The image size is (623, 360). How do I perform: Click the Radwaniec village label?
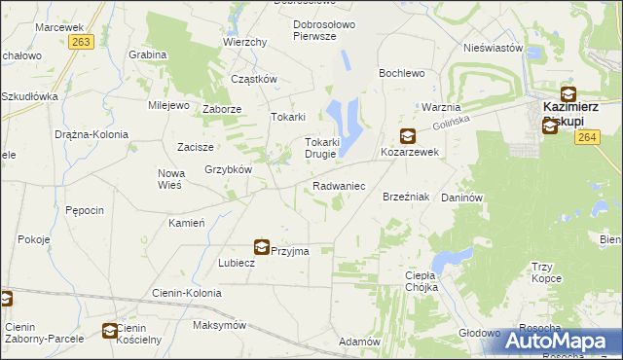[338, 185]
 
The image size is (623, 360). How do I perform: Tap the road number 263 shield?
[82, 42]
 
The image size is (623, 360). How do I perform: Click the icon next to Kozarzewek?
[407, 137]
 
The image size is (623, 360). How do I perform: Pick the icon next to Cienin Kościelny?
[110, 331]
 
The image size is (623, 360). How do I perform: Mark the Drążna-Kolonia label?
[91, 134]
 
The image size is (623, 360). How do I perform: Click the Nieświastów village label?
[494, 48]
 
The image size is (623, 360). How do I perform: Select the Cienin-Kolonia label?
[184, 292]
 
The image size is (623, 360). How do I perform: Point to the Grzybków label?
[229, 169]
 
